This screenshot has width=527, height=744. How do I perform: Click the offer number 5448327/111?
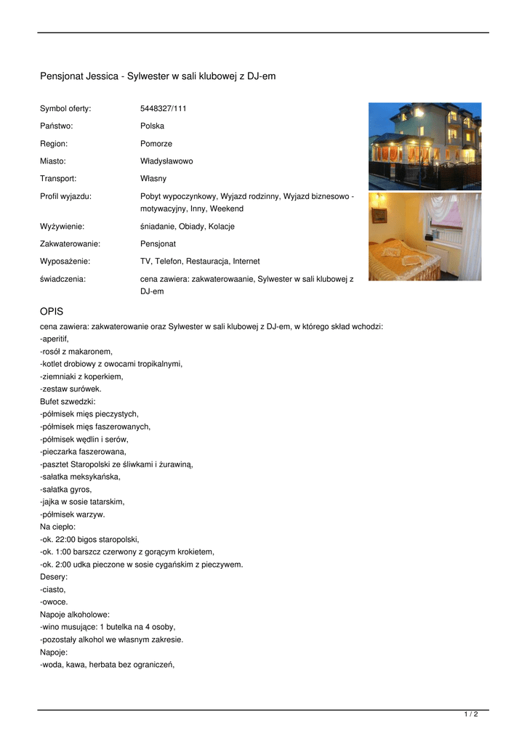pos(163,109)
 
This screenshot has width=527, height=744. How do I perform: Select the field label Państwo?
pos(56,126)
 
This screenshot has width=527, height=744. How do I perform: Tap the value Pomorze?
pos(156,144)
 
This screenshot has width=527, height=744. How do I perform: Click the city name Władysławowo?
pos(166,161)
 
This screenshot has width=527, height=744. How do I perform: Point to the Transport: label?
pos(58,179)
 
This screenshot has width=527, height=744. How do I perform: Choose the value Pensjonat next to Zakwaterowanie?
pos(158,244)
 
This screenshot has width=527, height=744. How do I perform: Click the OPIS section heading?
pos(52,312)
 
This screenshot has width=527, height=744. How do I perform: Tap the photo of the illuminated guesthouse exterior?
pos(425,146)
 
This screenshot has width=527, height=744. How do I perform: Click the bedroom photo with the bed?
pos(425,237)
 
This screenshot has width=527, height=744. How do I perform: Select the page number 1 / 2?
pos(471,715)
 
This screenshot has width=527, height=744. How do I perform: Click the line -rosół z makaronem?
pos(76,352)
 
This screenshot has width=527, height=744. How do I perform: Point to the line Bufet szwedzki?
pos(68,401)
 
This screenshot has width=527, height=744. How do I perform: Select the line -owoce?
pos(54,602)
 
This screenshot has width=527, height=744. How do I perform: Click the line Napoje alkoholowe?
pos(75,615)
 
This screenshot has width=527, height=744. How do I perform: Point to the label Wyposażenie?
pos(65,262)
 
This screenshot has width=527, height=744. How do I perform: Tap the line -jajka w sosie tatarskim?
pos(82,502)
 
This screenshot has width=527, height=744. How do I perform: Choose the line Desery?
pos(54,577)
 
